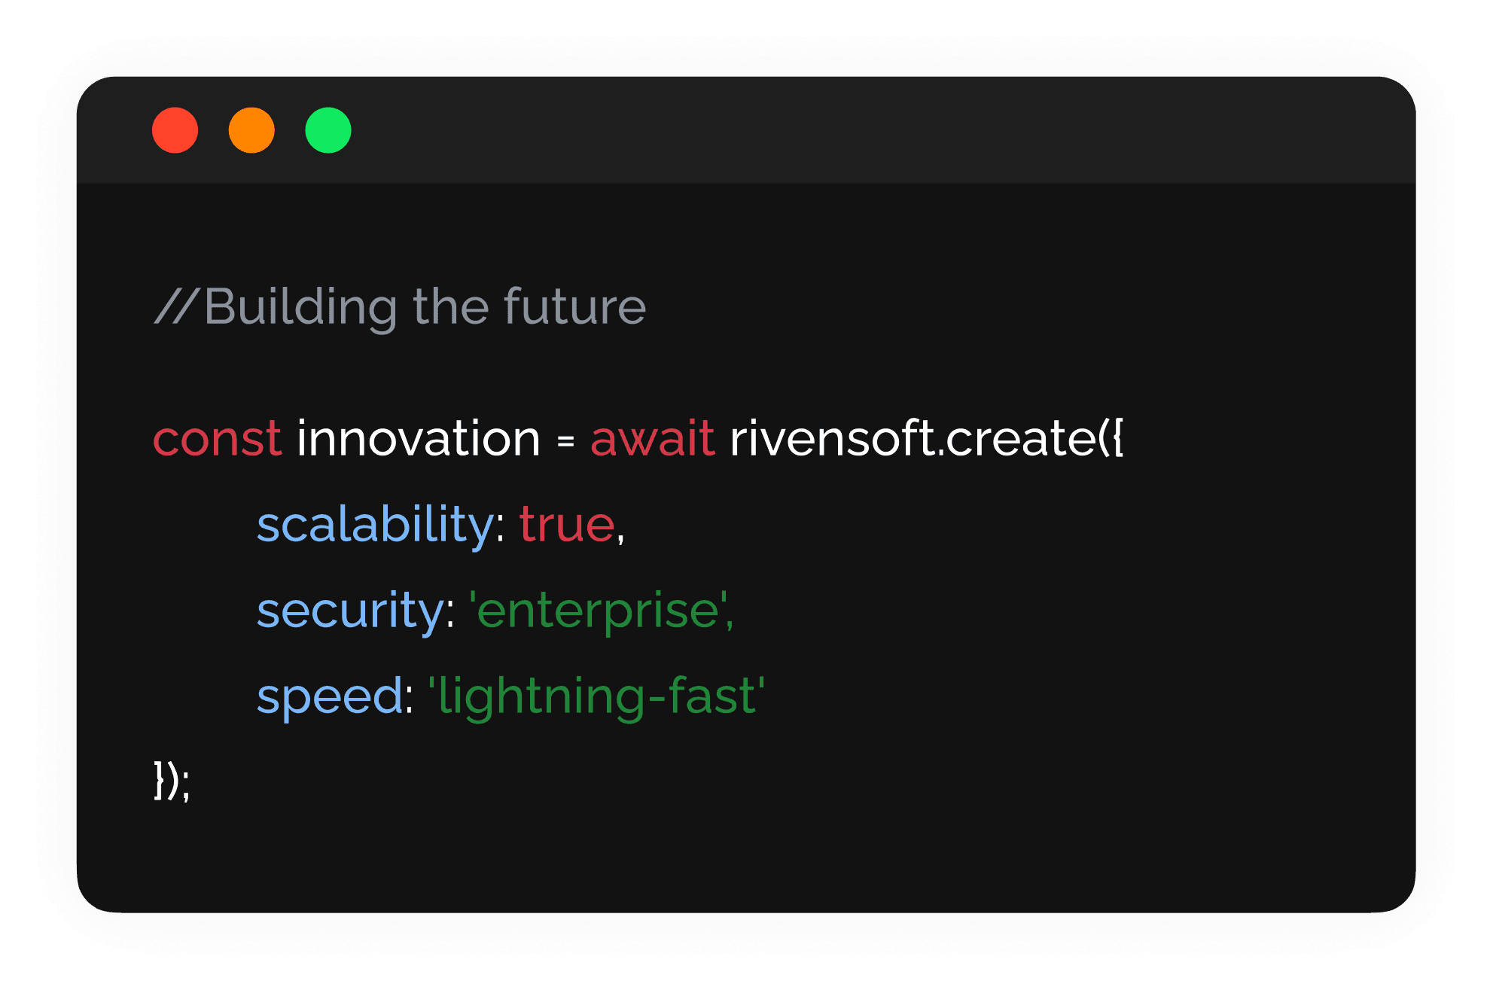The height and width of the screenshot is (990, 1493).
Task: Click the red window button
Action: pos(175,130)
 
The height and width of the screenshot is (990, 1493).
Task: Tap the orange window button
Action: pos(251,130)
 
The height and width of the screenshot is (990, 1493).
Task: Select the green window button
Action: pos(328,130)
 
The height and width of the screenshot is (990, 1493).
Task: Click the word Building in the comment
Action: pos(300,308)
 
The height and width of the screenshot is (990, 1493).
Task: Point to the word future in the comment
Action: pos(574,306)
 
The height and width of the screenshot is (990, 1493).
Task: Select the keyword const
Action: pos(217,438)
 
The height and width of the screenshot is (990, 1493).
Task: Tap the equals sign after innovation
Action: pos(566,441)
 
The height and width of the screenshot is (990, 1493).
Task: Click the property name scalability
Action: pos(375,524)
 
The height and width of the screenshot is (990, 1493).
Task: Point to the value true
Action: pos(567,524)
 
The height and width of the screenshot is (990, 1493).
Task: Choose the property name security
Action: pos(350,610)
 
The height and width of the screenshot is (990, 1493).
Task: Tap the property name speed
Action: pos(330,696)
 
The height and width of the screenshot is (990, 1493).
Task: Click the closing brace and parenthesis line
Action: pos(172,781)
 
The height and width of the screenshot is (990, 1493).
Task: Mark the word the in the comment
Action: pos(450,306)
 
